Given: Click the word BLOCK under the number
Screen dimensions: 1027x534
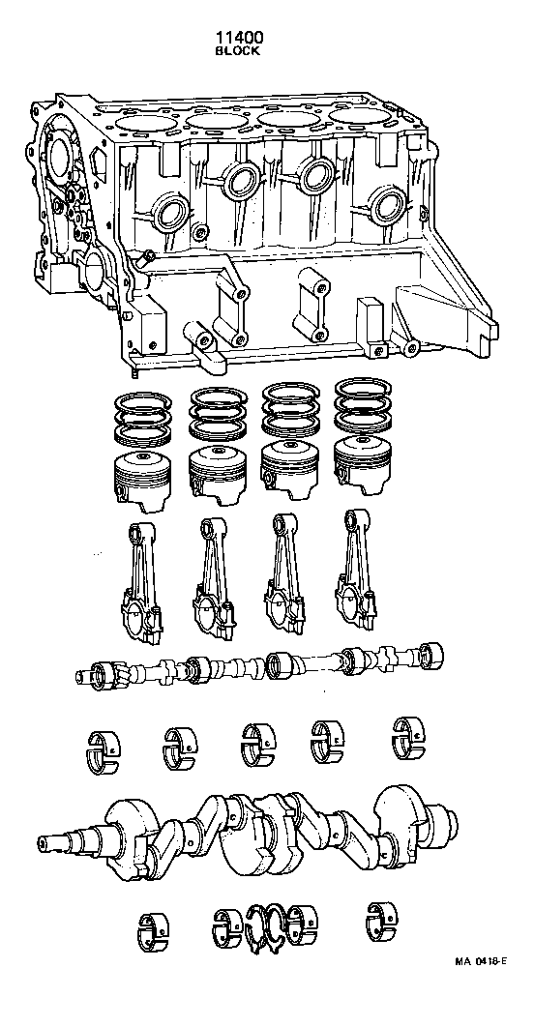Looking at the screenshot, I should pos(237,51).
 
